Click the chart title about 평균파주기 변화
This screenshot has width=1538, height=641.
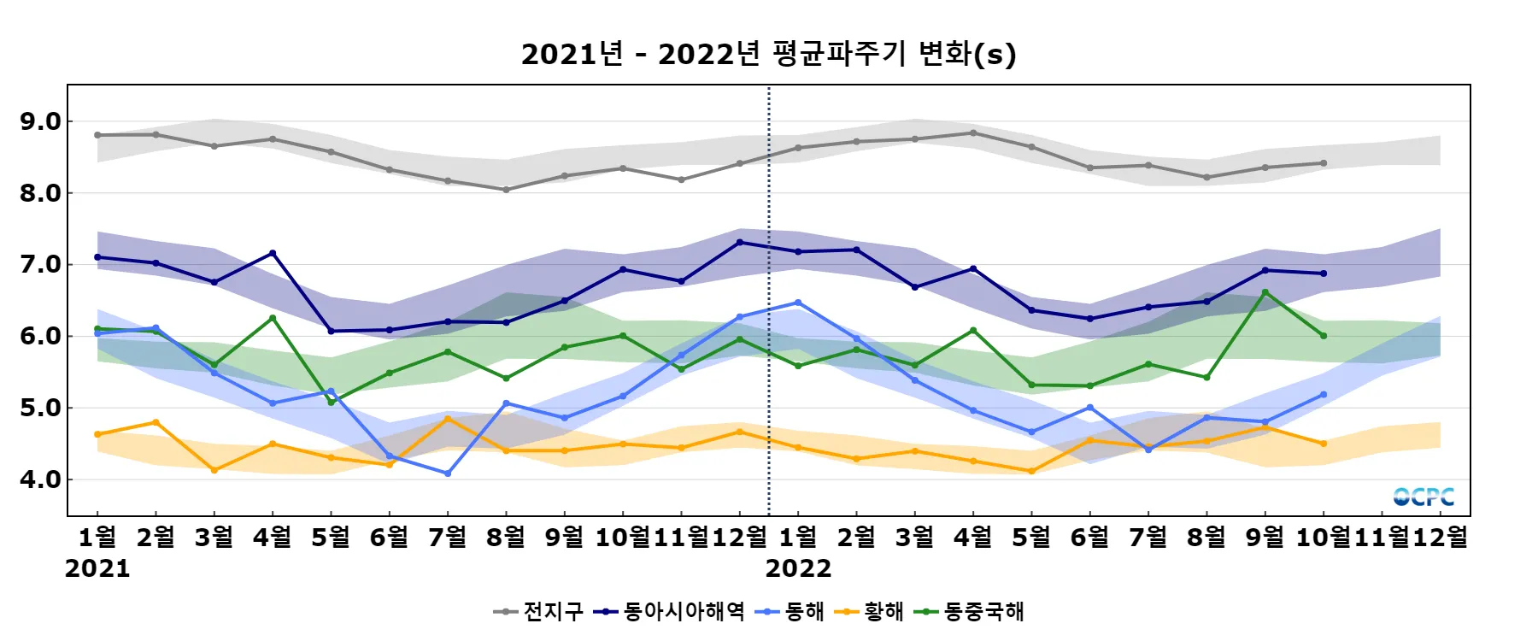(768, 54)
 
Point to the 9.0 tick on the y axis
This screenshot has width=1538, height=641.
(41, 121)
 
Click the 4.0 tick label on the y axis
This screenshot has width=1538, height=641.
(41, 479)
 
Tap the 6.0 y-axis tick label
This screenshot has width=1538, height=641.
(41, 336)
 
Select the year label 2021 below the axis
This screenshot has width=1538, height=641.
(97, 568)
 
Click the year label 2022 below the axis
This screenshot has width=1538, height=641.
(798, 568)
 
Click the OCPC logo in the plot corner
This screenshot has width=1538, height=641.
(1423, 497)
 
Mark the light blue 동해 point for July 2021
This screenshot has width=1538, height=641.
(448, 473)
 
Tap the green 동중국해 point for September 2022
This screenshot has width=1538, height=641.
(1265, 292)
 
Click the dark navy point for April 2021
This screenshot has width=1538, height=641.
(273, 253)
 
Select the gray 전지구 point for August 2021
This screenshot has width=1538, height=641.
(506, 190)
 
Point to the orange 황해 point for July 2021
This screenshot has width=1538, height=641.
(448, 419)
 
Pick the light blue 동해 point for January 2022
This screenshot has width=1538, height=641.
(798, 303)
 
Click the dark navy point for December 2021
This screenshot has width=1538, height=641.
(740, 242)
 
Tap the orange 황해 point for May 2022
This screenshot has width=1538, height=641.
(1031, 471)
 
